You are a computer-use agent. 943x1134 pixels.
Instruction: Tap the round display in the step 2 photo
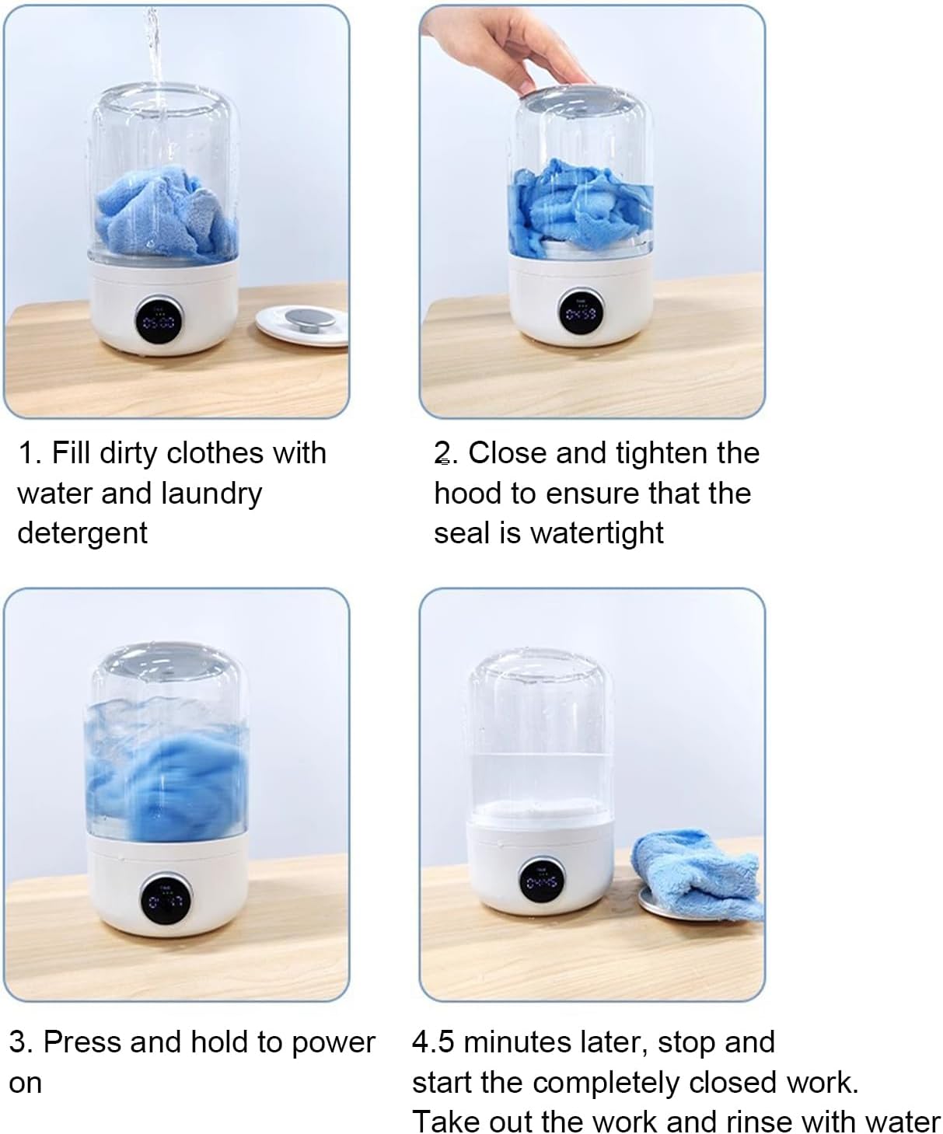pos(582,312)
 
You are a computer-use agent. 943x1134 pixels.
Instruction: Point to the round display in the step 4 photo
pos(542,881)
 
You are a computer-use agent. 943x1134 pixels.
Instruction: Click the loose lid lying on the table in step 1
pos(302,324)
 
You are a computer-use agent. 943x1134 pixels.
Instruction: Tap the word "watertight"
pos(597,533)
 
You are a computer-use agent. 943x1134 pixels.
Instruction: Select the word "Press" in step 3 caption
pos(82,1042)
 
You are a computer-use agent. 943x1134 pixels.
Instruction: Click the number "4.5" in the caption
pos(433,1042)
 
